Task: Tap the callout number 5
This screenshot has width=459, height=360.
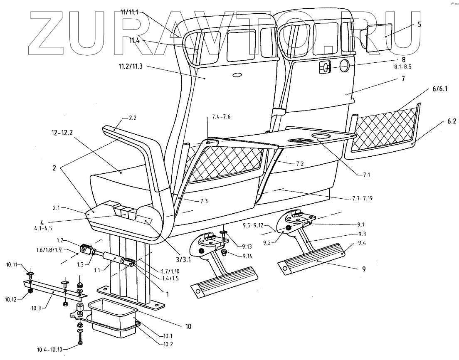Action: pyautogui.click(x=419, y=25)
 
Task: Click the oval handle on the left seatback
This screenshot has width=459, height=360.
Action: pyautogui.click(x=237, y=75)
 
